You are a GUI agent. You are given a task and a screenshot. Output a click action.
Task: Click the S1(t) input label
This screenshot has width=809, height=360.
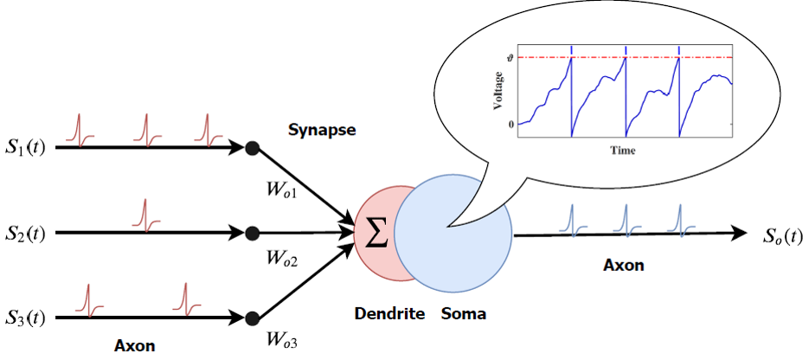click(x=29, y=147)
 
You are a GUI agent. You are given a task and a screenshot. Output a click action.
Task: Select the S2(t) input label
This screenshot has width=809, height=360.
click(x=29, y=233)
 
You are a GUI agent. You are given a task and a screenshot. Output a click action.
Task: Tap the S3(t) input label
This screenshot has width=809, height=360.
click(x=29, y=318)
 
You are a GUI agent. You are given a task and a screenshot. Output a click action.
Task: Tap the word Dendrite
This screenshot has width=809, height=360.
click(x=389, y=314)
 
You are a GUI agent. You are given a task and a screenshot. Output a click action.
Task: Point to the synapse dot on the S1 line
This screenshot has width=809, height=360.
click(x=252, y=148)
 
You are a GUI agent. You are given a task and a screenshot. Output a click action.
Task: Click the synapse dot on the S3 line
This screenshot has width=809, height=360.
click(x=252, y=318)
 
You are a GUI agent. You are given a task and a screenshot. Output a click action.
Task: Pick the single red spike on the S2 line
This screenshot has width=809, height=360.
click(x=145, y=215)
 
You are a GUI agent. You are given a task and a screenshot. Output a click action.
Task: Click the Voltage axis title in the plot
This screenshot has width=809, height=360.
click(x=498, y=92)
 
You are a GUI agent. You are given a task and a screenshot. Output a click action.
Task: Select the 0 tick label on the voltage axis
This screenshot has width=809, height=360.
click(x=510, y=124)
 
